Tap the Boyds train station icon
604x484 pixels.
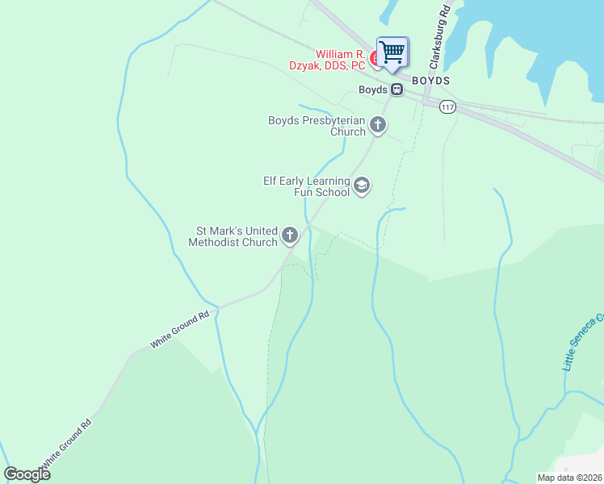pyautogui.click(x=397, y=90)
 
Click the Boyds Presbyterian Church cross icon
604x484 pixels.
pyautogui.click(x=378, y=125)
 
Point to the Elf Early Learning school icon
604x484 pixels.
pyautogui.click(x=362, y=186)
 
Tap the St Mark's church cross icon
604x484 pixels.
pyautogui.click(x=289, y=236)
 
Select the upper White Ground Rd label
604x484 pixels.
pyautogui.click(x=179, y=330)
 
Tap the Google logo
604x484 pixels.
pyautogui.click(x=27, y=474)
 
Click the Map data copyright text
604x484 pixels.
pyautogui.click(x=569, y=478)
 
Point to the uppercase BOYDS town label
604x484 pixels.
pyautogui.click(x=430, y=81)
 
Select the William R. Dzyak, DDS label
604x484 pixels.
pyautogui.click(x=329, y=60)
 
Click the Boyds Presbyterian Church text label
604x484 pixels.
pyautogui.click(x=317, y=126)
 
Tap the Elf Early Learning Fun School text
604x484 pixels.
pyautogui.click(x=307, y=186)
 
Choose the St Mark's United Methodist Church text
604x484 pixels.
pyautogui.click(x=233, y=236)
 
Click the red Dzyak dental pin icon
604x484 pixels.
pyautogui.click(x=374, y=59)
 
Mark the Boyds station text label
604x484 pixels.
pyautogui.click(x=373, y=90)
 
